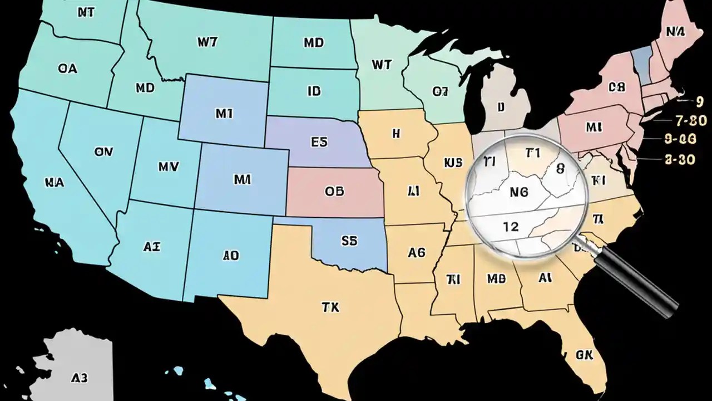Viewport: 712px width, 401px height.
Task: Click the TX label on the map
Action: (330, 307)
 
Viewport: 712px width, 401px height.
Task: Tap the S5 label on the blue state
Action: (349, 241)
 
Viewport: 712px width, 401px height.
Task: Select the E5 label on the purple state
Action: (319, 142)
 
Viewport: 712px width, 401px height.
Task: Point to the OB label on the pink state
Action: (334, 192)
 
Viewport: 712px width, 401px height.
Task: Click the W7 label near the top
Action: (207, 42)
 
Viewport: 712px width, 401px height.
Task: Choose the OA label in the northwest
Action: (67, 69)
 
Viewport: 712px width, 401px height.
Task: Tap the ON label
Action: (103, 151)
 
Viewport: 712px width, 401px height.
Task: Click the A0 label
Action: (231, 256)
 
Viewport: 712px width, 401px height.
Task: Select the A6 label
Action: (416, 252)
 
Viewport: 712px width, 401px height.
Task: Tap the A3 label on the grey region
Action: (80, 378)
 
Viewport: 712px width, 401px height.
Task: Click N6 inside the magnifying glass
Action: (518, 192)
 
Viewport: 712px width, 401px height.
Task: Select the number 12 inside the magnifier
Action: (510, 227)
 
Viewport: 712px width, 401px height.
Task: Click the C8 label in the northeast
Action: (617, 87)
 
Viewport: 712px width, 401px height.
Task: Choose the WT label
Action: (381, 65)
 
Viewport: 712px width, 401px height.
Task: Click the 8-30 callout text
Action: (680, 159)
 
